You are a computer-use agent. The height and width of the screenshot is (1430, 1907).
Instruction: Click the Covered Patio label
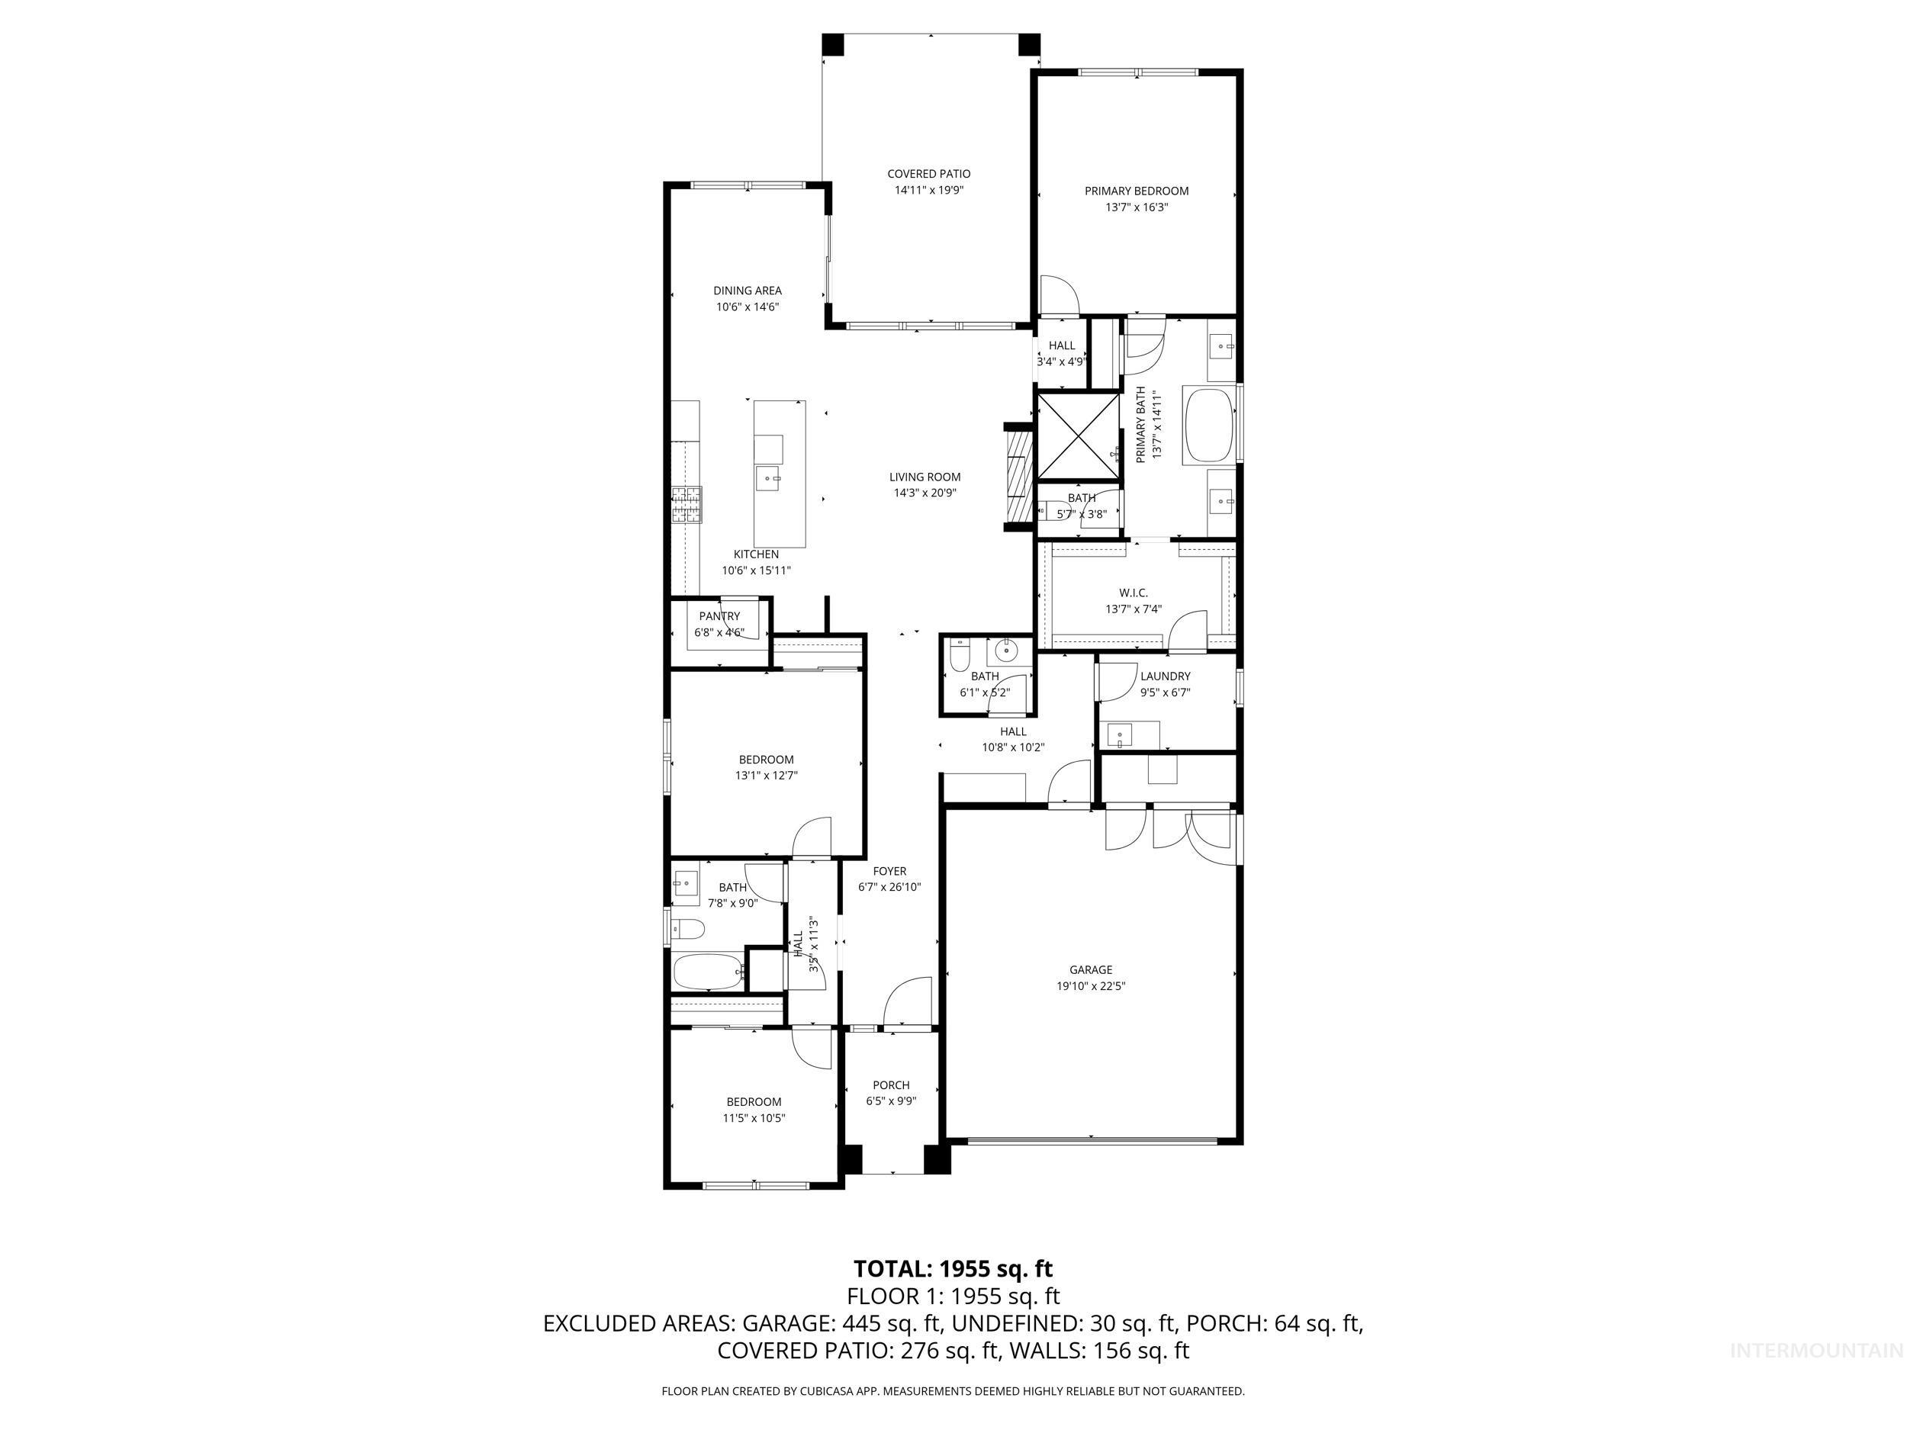(928, 174)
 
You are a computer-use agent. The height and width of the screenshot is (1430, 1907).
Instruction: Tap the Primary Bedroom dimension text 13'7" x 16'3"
(1137, 207)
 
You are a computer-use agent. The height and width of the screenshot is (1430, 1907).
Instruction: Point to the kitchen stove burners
(687, 504)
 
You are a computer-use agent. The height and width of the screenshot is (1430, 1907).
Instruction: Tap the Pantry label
(719, 616)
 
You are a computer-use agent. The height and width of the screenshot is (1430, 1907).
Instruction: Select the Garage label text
(1091, 969)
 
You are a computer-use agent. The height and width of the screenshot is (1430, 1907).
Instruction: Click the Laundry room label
(1165, 676)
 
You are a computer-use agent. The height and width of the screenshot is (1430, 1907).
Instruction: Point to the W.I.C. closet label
(1133, 593)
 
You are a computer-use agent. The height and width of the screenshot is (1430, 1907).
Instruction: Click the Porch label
(890, 1085)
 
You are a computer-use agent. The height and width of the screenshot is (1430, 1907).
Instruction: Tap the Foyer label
(889, 872)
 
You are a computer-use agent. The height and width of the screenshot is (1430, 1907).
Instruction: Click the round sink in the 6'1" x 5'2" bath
(1005, 651)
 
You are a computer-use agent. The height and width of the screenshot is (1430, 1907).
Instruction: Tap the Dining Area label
(747, 291)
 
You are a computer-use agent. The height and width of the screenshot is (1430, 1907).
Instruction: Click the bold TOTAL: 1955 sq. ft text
(953, 1269)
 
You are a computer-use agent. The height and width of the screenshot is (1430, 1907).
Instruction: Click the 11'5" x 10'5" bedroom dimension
(754, 1118)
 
